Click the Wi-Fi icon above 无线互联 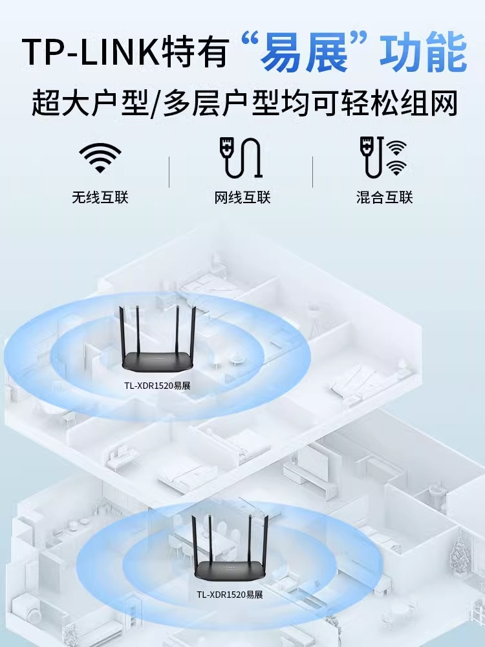tap(100, 157)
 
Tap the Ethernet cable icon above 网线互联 tap(241, 157)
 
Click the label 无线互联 tap(100, 197)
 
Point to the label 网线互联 tap(242, 197)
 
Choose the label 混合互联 tap(384, 197)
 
